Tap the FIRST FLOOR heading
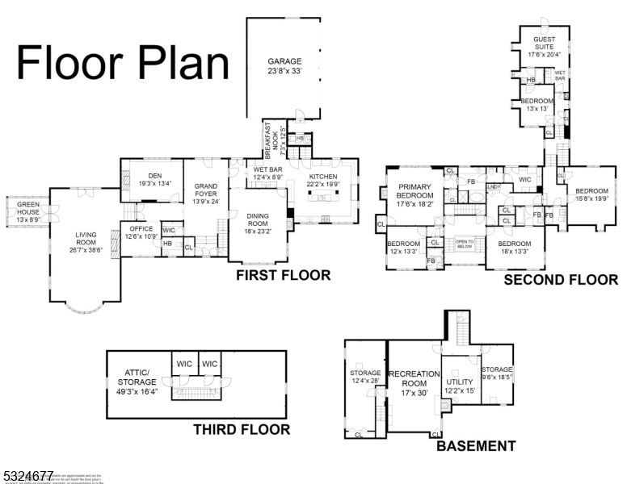tap(283, 276)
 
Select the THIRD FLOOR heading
tap(241, 430)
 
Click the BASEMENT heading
tap(476, 446)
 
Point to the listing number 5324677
tap(27, 475)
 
